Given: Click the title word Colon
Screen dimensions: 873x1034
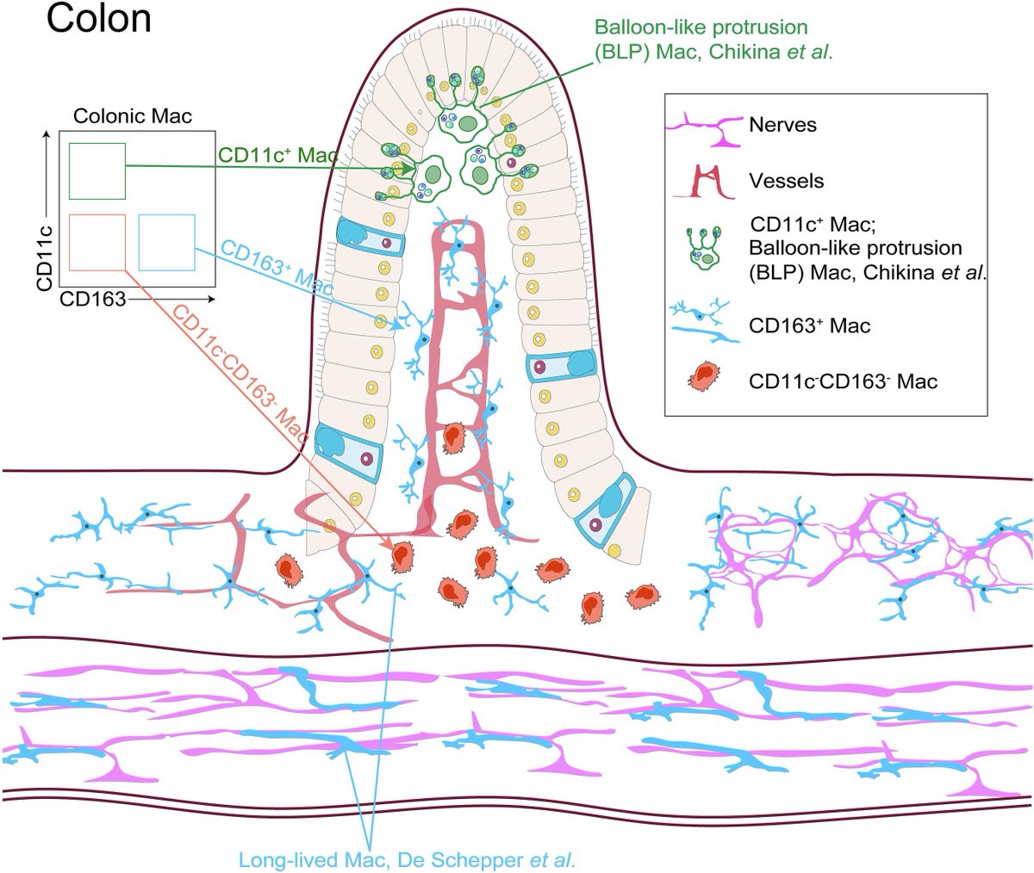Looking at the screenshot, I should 99,19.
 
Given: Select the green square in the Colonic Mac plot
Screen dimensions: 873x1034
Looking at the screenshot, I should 97,170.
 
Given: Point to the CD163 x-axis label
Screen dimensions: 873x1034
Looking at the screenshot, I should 93,299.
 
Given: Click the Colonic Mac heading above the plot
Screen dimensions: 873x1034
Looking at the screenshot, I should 133,115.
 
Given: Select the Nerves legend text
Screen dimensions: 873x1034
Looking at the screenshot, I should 782,126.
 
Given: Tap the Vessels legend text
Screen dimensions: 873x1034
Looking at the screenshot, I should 786,182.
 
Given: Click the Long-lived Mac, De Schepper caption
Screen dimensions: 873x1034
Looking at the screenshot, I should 407,858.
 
